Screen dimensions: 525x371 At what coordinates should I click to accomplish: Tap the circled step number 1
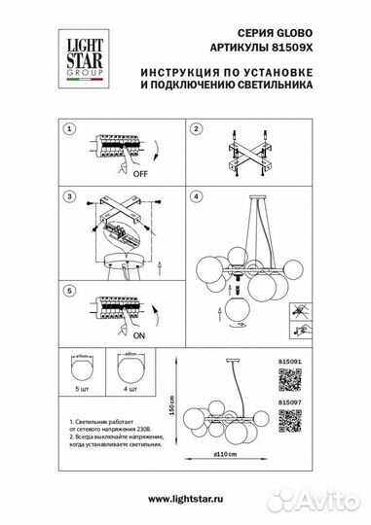69,128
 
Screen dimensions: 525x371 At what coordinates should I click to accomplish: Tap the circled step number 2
195,128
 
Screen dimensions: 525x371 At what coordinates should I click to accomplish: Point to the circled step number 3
69,195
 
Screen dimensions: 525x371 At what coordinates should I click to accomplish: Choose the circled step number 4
195,195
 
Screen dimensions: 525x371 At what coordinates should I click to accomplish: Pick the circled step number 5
69,290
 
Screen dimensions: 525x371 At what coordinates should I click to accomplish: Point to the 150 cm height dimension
172,402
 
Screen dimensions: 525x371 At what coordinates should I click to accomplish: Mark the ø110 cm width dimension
225,455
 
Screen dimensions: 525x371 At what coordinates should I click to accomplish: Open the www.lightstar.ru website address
185,498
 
